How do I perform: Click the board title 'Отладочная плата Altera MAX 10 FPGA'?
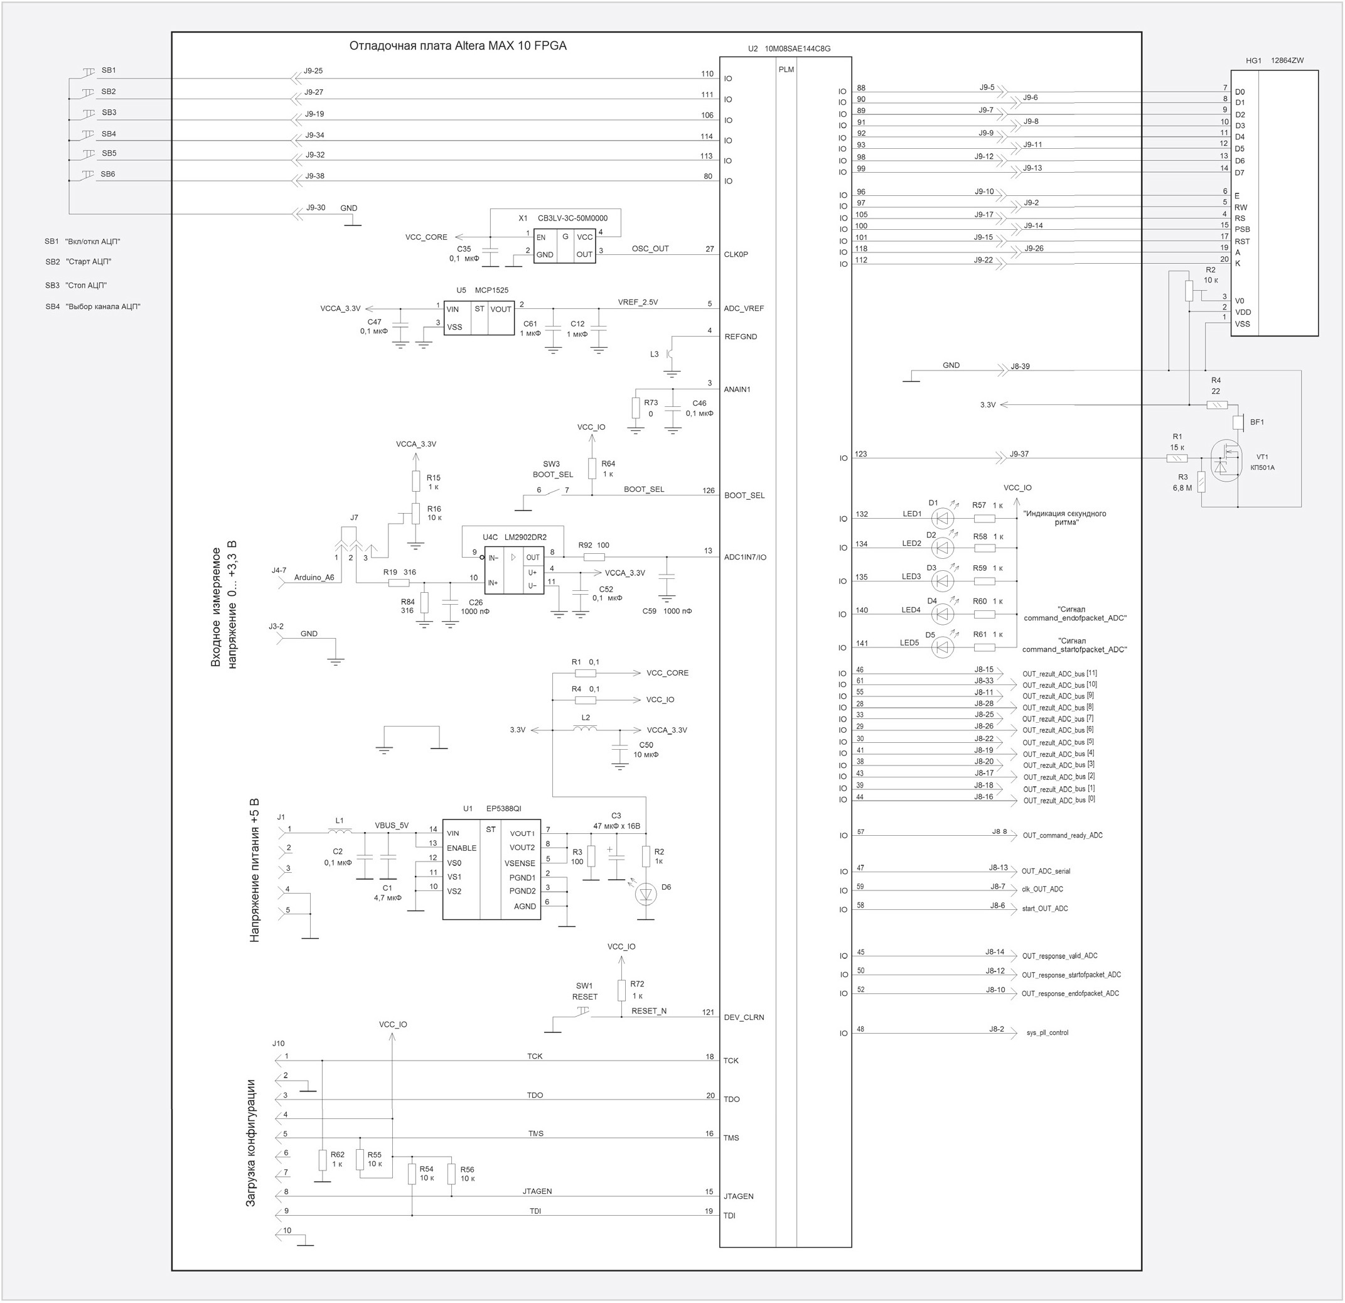(x=458, y=46)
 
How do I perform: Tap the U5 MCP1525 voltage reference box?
(x=478, y=318)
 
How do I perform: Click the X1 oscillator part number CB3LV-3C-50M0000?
(x=572, y=219)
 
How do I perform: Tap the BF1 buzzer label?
(x=1257, y=422)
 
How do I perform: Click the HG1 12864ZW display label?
(x=1274, y=60)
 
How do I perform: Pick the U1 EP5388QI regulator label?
(x=492, y=809)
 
